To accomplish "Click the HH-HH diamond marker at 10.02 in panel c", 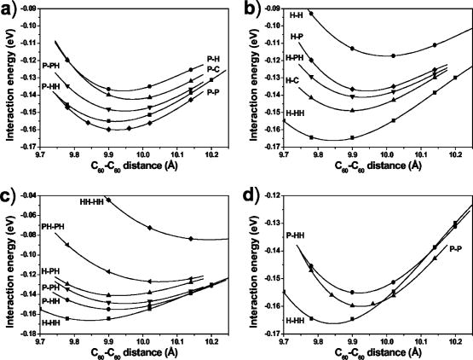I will click(150, 228).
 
